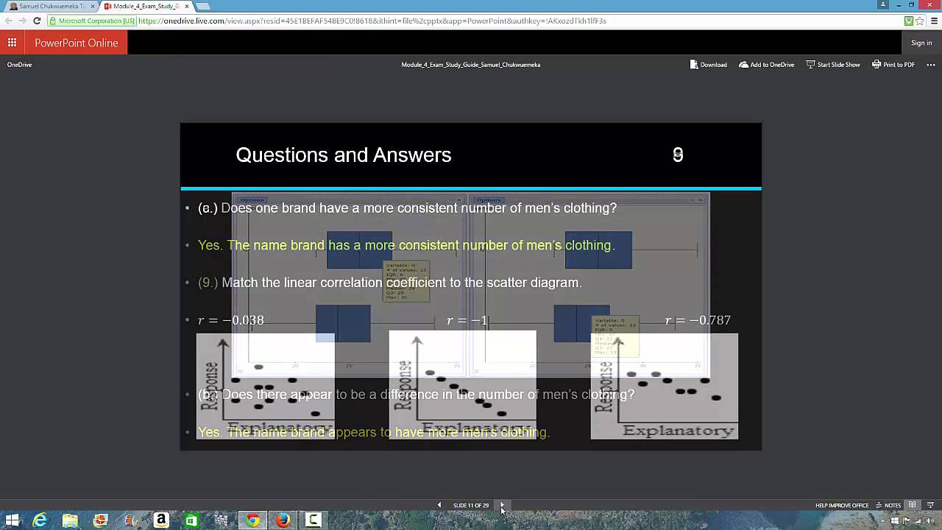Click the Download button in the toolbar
pos(708,65)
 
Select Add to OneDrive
pos(767,65)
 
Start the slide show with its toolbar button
pos(833,65)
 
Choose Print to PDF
pos(893,65)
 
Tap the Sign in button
pos(921,43)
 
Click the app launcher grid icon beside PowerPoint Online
pos(12,43)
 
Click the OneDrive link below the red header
pos(19,65)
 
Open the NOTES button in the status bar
pos(888,506)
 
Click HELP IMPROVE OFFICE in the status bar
pos(842,506)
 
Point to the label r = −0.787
pos(698,320)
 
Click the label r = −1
pos(467,320)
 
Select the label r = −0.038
pos(231,320)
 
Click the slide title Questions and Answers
pos(343,155)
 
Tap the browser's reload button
pos(37,21)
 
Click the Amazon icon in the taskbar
pos(161,520)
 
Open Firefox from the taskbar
pos(283,520)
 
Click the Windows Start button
pos(12,520)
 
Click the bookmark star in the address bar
pos(920,21)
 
